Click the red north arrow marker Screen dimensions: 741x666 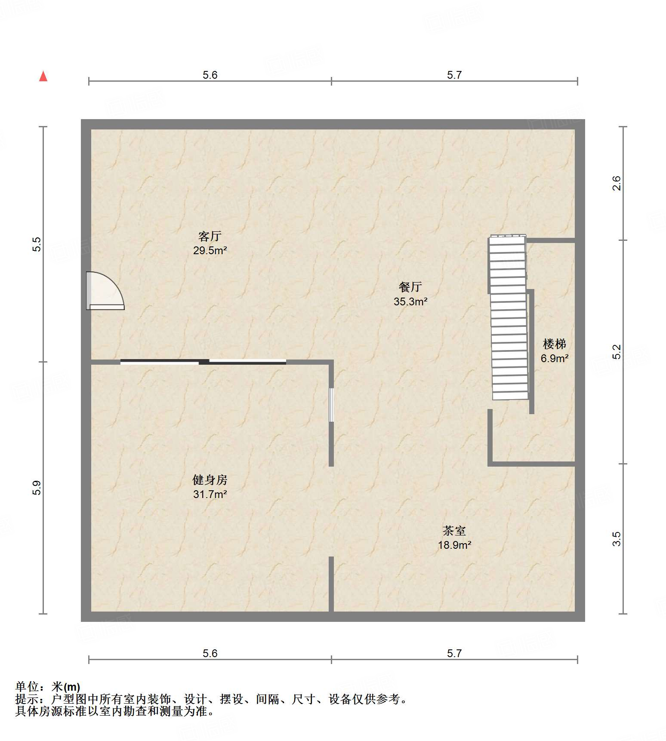43,76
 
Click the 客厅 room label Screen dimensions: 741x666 210,236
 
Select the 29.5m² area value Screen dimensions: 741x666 210,251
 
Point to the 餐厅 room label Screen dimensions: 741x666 410,287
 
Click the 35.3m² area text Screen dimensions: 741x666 410,301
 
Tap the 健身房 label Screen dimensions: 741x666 210,480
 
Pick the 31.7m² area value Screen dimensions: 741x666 210,494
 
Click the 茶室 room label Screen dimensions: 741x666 454,531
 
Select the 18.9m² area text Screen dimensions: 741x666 454,545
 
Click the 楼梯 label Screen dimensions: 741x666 554,344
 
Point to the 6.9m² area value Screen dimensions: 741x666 554,358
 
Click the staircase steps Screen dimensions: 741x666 509,318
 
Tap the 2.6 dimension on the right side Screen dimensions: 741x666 617,184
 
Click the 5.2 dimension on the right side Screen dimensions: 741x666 617,352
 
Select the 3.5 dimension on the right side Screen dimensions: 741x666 617,539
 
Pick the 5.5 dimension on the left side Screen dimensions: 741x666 37,244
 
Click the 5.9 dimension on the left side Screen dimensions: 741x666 37,488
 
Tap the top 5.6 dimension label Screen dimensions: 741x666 210,75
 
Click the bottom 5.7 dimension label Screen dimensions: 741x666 454,654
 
